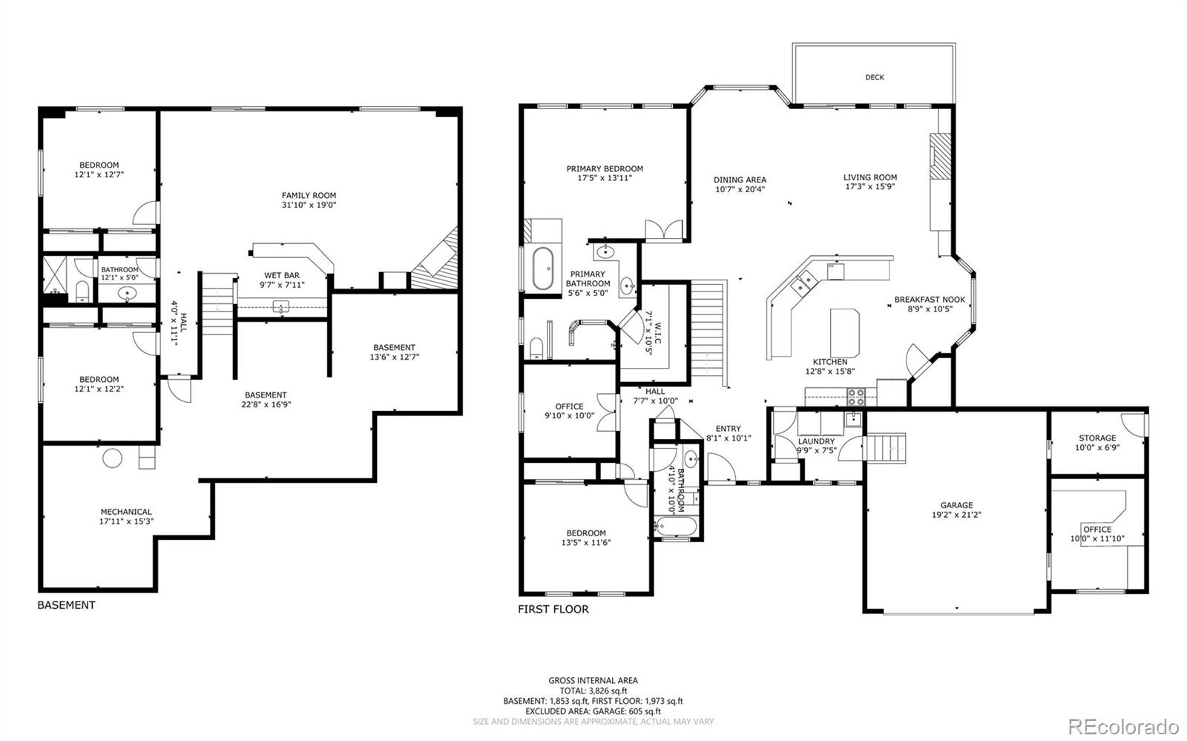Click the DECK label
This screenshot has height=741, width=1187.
[874, 77]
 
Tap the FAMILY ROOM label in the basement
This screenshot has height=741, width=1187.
[309, 196]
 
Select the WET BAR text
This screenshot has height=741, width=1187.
[281, 275]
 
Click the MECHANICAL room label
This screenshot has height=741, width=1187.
[126, 512]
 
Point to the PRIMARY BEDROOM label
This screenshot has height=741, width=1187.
[605, 168]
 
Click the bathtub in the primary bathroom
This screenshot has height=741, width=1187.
[543, 268]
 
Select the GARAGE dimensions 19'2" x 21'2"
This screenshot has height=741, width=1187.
[956, 515]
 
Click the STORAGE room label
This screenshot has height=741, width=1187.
[1096, 438]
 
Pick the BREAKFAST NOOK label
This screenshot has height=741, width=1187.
[930, 300]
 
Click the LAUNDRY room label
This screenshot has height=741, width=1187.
[816, 441]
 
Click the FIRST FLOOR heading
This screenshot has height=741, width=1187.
[553, 609]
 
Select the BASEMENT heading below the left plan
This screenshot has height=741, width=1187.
[66, 605]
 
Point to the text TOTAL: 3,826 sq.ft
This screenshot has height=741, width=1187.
[593, 690]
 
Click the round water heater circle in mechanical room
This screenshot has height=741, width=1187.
[112, 458]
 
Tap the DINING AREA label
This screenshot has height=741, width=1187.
[740, 180]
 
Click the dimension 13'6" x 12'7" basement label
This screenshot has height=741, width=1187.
[394, 357]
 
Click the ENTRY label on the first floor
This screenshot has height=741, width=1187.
[728, 428]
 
